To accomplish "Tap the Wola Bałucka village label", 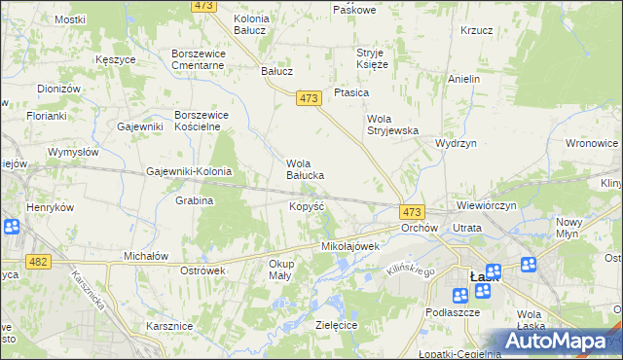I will pyautogui.click(x=311, y=169).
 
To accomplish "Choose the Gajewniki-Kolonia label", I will pyautogui.click(x=189, y=171).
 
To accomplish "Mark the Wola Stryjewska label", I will pyautogui.click(x=391, y=125).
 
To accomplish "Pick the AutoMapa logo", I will pyautogui.click(x=556, y=341).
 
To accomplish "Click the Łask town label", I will pyautogui.click(x=484, y=276).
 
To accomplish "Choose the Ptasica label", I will pyautogui.click(x=350, y=92).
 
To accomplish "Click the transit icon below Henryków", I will pyautogui.click(x=12, y=228).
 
